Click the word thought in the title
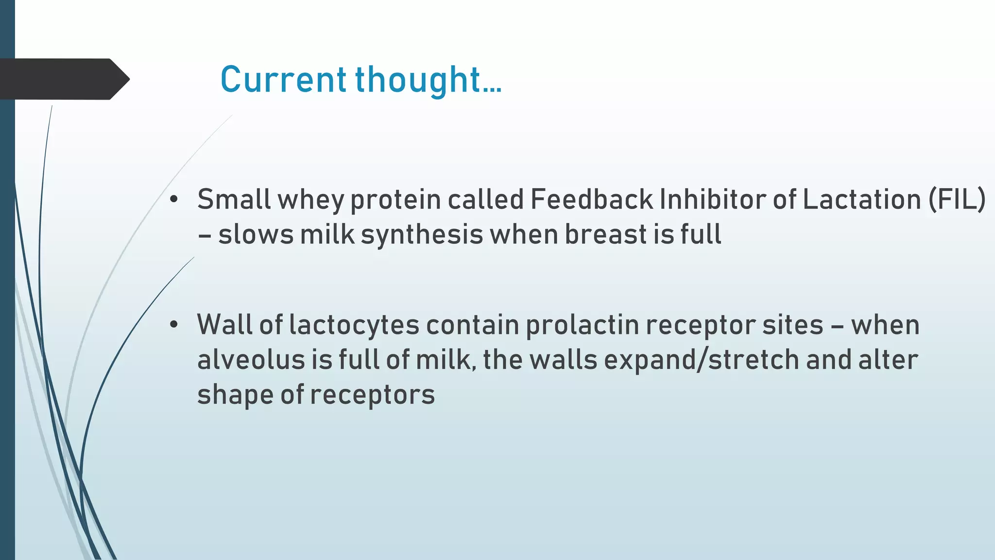coord(418,80)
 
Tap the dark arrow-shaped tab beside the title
coord(63,79)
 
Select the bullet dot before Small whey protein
coord(174,199)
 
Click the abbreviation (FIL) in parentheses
coord(957,199)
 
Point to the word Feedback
coord(591,199)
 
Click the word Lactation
coord(861,199)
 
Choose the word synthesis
coord(422,235)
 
